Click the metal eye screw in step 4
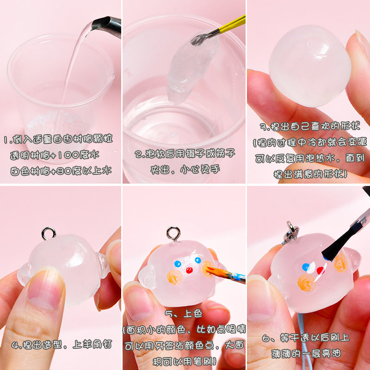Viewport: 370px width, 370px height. (49, 233)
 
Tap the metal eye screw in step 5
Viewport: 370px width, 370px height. (173, 234)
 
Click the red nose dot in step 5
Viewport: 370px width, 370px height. (189, 270)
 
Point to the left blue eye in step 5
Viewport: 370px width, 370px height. (178, 264)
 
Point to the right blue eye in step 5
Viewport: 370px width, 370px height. (198, 260)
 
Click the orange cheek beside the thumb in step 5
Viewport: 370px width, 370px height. (174, 277)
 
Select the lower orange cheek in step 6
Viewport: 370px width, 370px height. (306, 283)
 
